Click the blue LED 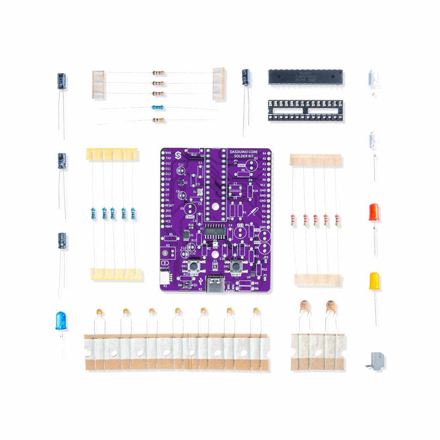[x=61, y=321]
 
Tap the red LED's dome [x=374, y=212]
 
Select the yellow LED [x=374, y=281]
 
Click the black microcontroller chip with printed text [x=305, y=76]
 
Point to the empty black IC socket [x=305, y=110]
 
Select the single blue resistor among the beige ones [x=158, y=108]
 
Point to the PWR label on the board [x=242, y=166]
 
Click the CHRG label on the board [x=190, y=217]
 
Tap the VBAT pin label [x=169, y=226]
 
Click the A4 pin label [x=265, y=153]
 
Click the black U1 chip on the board [x=213, y=231]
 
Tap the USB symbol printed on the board [x=200, y=281]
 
